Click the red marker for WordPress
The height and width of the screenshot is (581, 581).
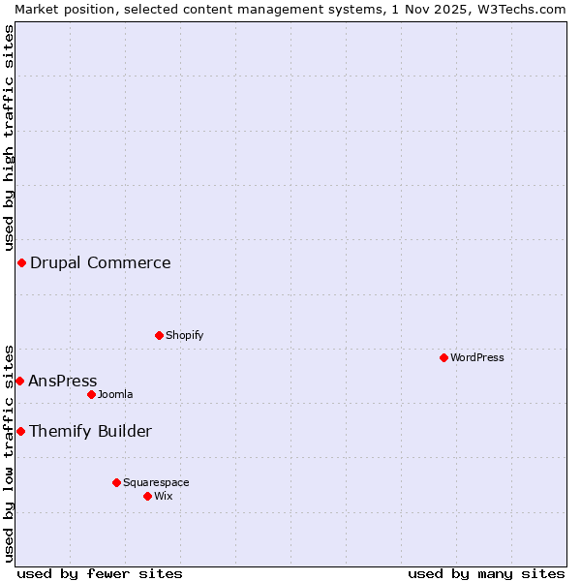pos(443,357)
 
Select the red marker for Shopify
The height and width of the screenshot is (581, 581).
pos(159,335)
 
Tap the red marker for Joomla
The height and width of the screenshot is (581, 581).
pos(91,394)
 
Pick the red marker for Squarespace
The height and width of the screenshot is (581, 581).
pos(116,482)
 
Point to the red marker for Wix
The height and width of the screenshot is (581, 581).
pos(147,496)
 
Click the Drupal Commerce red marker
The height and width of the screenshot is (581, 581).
pos(21,262)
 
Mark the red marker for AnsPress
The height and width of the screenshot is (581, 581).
pos(19,381)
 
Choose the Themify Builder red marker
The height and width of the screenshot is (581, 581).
pos(20,431)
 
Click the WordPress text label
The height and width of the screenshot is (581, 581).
pos(476,357)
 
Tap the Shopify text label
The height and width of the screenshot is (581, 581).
pos(184,335)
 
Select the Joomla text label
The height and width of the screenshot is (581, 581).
pos(115,394)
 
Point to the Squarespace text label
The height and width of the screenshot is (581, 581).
pos(156,482)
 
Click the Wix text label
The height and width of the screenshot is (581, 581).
pos(164,496)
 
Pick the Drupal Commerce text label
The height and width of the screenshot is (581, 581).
pos(100,262)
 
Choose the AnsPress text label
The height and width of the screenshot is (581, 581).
pos(63,381)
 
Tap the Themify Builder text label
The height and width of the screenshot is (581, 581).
pos(90,431)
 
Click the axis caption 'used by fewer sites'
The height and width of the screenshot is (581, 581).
pos(100,573)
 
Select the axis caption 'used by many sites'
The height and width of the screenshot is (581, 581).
pos(486,573)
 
